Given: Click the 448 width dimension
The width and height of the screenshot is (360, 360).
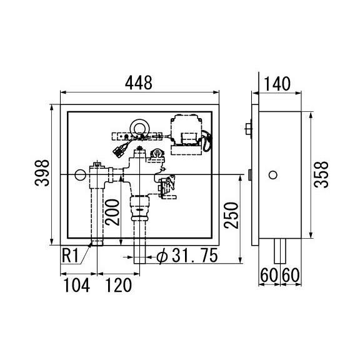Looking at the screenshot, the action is click(139, 82).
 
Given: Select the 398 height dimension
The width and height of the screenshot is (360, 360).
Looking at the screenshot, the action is click(42, 172).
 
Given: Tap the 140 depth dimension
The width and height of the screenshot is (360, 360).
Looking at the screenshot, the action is click(277, 84).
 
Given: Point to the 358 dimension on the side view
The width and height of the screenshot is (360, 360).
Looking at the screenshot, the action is click(321, 174).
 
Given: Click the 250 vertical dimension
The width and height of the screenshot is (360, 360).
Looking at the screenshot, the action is click(231, 216).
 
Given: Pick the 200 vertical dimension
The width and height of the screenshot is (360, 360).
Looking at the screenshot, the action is click(112, 212).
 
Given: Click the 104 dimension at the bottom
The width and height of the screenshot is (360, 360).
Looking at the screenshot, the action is click(76, 285).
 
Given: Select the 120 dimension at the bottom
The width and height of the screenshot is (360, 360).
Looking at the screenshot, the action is click(119, 285).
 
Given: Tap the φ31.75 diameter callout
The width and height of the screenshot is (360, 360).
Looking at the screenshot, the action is click(187, 256).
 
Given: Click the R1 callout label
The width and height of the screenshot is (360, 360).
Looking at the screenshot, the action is click(70, 256).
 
